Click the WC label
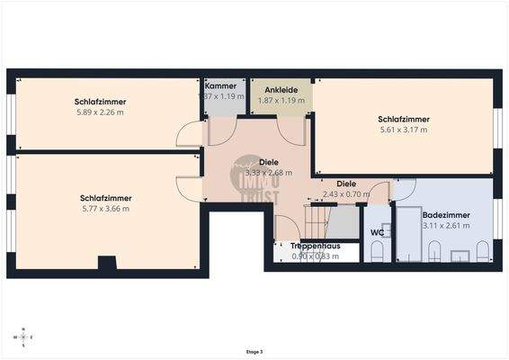click(377, 232)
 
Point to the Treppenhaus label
click(314, 246)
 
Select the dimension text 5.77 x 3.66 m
click(105, 209)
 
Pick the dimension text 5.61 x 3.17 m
click(402, 130)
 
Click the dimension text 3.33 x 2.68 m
click(269, 173)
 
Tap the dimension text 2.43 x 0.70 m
click(345, 193)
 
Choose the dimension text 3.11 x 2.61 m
click(446, 226)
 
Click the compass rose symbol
click(24, 336)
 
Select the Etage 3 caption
click(254, 352)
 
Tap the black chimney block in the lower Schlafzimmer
click(107, 263)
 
